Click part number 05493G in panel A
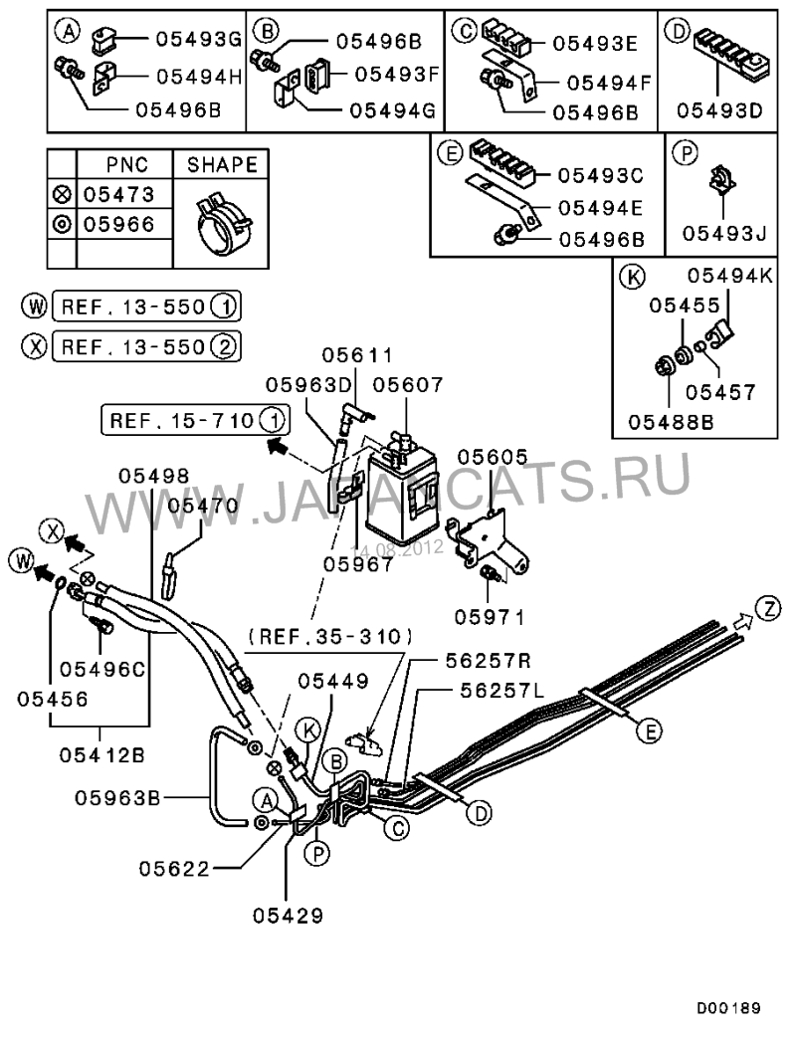(198, 40)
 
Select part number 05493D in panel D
(720, 108)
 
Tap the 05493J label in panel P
(723, 235)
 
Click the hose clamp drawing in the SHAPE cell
(220, 217)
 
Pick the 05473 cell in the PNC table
(118, 194)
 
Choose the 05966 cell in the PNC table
(118, 225)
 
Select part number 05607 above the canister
(407, 385)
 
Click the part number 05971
(489, 617)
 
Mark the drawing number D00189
(727, 1008)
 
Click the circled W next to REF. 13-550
(38, 306)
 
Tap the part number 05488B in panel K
(671, 420)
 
